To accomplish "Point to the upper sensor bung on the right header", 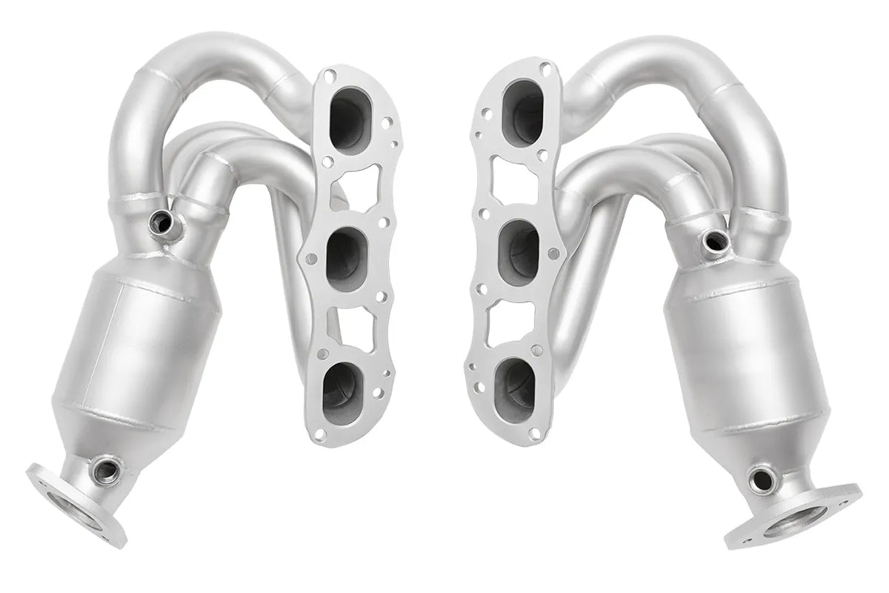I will point(713,239).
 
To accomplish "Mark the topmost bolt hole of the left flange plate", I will point(328,74).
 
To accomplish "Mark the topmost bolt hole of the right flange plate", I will point(546,69).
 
